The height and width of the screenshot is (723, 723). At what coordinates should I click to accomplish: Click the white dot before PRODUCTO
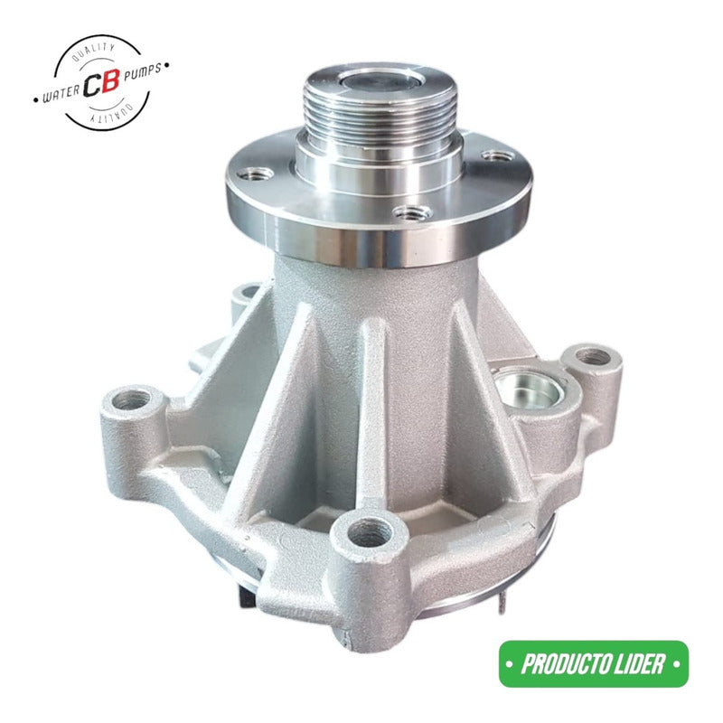pos(513,666)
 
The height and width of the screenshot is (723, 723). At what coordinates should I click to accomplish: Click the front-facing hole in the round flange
pos(414,213)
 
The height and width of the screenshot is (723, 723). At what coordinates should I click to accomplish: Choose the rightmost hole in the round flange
pos(493,155)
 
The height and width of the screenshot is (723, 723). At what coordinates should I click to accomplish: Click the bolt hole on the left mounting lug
pos(133,399)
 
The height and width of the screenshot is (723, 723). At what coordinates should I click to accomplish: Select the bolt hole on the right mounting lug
pos(593,357)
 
